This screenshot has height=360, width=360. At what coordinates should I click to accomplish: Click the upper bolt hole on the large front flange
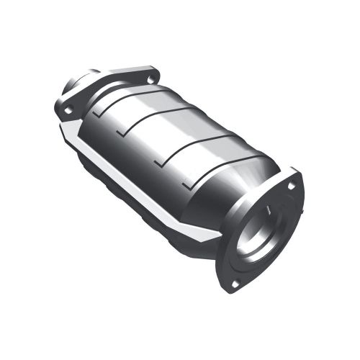(291, 186)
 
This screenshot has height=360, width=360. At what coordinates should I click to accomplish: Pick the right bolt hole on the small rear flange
(150, 80)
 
